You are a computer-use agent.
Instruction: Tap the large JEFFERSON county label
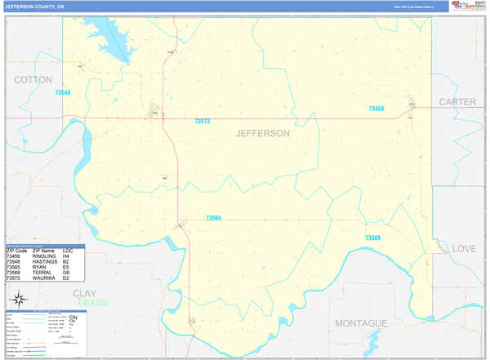tap(262, 133)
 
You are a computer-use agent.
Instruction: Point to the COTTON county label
tap(33, 80)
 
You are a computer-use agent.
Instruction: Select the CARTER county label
tap(457, 102)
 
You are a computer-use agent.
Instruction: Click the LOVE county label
tap(464, 248)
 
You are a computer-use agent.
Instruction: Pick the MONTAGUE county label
tap(360, 323)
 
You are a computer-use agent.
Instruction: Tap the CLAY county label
tap(85, 292)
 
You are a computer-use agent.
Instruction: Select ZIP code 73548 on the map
tap(63, 93)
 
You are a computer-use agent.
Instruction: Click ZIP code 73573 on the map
tap(202, 122)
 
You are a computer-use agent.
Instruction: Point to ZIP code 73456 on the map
tap(376, 109)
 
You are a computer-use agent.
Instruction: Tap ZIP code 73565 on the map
tap(213, 218)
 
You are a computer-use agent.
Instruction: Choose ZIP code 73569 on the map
tap(372, 238)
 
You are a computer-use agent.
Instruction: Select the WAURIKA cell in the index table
tap(44, 278)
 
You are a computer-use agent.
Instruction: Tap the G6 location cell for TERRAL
tap(78, 273)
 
